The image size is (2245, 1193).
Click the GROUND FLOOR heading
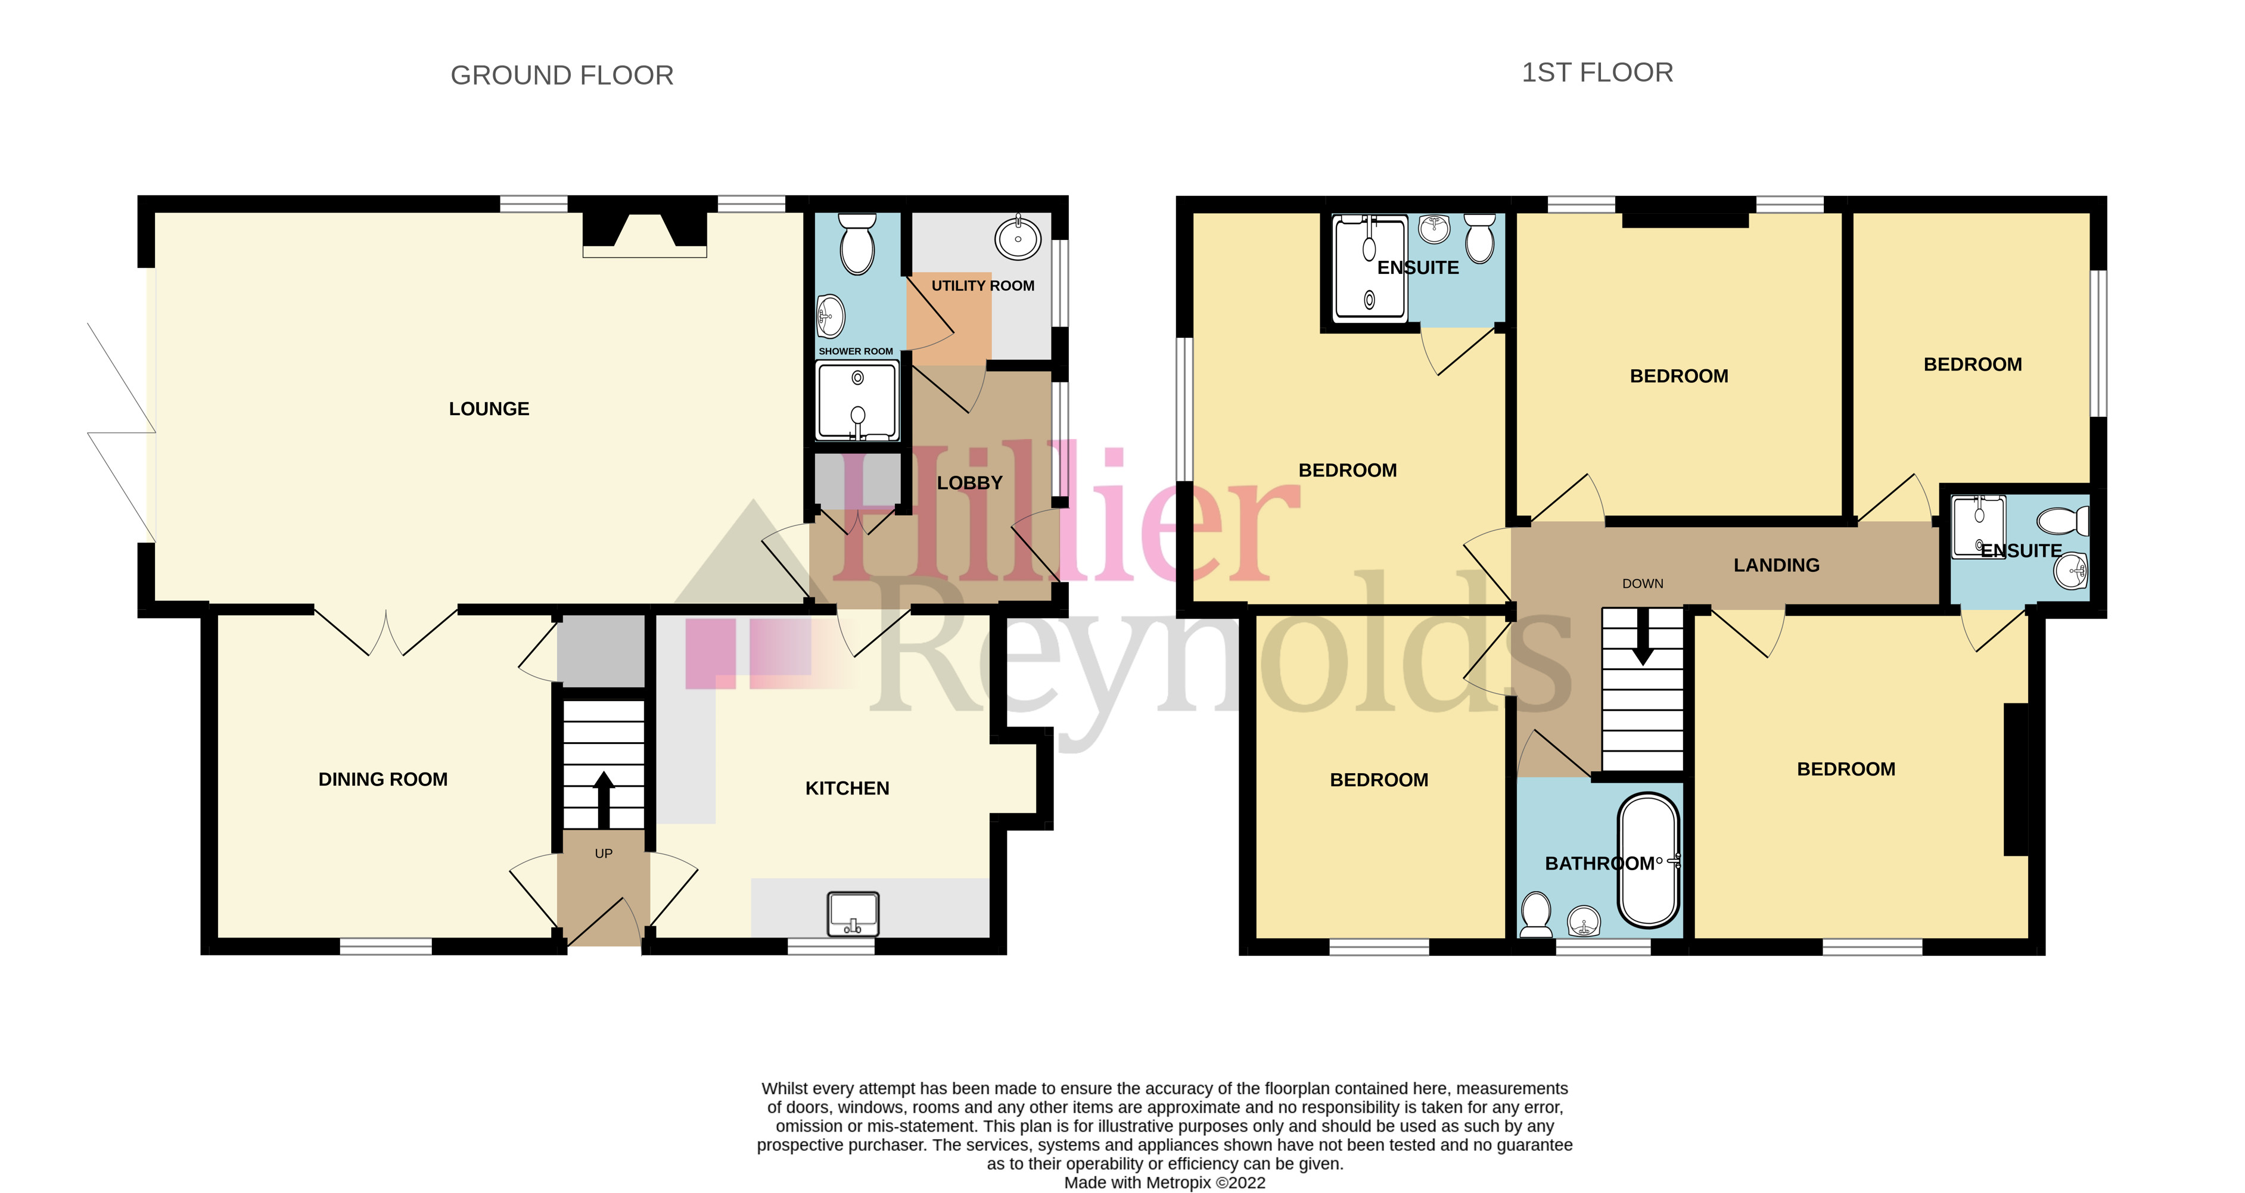click(x=561, y=76)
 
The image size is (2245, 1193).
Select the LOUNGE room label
click(x=489, y=409)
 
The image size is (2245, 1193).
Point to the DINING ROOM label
click(x=383, y=779)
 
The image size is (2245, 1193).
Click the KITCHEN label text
click(x=847, y=788)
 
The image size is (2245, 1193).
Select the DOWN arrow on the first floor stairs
click(x=1643, y=640)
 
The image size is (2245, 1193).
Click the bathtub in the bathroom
click(x=1648, y=859)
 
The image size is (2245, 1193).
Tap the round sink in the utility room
click(x=1018, y=236)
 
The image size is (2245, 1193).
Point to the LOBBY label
click(x=969, y=483)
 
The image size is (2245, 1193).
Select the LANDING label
click(x=1776, y=565)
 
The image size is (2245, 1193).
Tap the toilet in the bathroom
click(x=1535, y=915)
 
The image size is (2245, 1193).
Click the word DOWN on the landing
click(x=1642, y=584)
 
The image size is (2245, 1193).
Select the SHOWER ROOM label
click(x=855, y=351)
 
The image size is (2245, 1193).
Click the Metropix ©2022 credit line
click(x=1164, y=1182)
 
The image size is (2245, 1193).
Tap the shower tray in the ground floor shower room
click(x=857, y=401)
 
